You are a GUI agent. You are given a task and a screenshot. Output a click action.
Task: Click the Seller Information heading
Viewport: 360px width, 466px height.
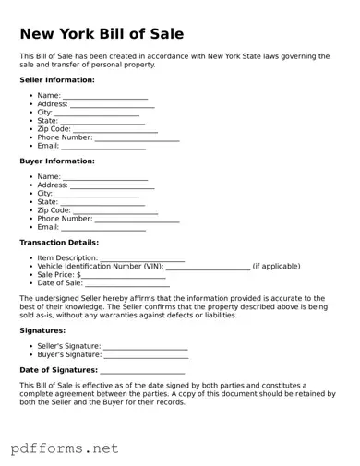click(x=57, y=80)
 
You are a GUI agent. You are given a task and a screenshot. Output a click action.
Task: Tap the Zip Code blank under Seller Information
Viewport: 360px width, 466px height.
click(x=115, y=130)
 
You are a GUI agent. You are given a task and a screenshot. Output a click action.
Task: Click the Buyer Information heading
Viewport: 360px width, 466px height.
click(x=57, y=161)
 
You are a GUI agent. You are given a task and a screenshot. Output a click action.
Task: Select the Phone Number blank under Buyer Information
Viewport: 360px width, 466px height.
click(x=137, y=220)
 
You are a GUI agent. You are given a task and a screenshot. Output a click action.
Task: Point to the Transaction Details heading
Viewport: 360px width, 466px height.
click(x=59, y=243)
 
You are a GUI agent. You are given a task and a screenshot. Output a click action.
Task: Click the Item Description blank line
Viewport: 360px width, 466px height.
click(x=142, y=258)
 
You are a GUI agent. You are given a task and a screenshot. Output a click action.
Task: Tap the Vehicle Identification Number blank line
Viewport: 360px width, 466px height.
click(x=208, y=267)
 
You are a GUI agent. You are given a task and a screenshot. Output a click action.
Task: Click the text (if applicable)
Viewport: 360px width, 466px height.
click(x=276, y=267)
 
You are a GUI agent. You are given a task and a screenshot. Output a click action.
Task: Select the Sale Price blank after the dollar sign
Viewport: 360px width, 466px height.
click(x=124, y=275)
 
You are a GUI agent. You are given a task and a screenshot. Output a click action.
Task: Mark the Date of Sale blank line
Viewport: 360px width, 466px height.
click(x=128, y=283)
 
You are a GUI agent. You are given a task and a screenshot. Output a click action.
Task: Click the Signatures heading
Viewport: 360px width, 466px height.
click(x=42, y=329)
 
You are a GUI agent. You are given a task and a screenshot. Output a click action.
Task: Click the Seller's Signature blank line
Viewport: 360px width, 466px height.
click(x=146, y=346)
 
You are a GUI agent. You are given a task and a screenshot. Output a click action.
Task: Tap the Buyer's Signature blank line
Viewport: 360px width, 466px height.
click(x=146, y=354)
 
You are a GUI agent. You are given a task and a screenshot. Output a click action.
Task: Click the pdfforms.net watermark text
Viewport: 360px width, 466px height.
click(x=65, y=448)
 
